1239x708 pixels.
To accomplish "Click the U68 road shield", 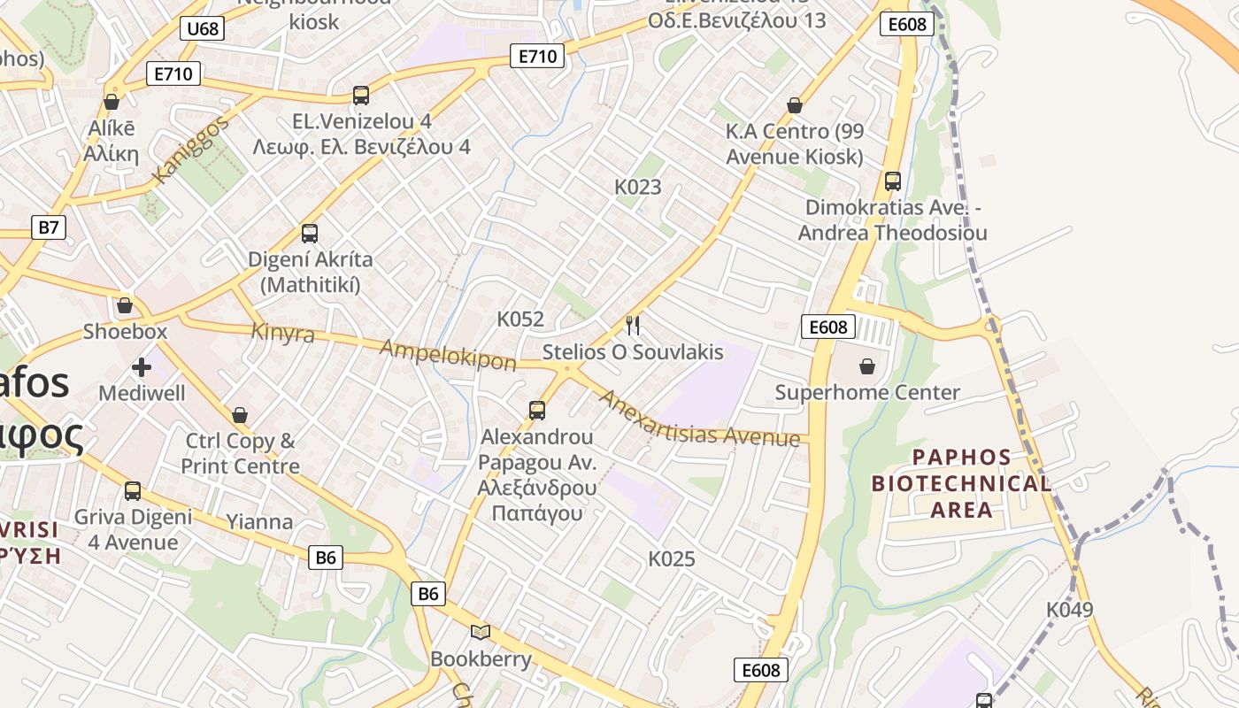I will tap(203, 28).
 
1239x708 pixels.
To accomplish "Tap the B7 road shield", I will tap(49, 227).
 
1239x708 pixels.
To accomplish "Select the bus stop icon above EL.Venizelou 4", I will tap(360, 96).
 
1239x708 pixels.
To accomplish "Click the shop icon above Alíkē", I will tap(112, 102).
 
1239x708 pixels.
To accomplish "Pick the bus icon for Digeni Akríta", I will tap(310, 234).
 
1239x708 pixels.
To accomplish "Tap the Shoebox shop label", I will tap(125, 332).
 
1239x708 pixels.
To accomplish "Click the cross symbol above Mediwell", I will tap(142, 366).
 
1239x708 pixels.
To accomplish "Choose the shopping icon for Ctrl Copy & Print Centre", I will tap(240, 414).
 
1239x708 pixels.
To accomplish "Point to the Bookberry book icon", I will tap(481, 632).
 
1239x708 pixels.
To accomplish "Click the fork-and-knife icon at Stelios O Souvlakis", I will tap(633, 326).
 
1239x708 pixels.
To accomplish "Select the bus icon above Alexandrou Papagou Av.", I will tap(537, 411).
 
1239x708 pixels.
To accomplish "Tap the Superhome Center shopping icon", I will tap(867, 366).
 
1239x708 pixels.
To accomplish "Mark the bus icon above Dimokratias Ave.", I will tap(893, 181).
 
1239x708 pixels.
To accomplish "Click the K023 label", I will tap(638, 187).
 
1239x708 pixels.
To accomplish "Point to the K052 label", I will tap(520, 319).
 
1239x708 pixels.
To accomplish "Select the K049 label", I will tap(1069, 610).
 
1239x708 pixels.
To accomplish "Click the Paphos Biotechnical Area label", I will tap(961, 483).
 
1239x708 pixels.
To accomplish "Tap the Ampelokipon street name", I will tap(448, 354).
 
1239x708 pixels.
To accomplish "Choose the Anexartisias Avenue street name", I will tap(699, 419).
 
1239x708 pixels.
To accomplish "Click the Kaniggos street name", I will tap(189, 150).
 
